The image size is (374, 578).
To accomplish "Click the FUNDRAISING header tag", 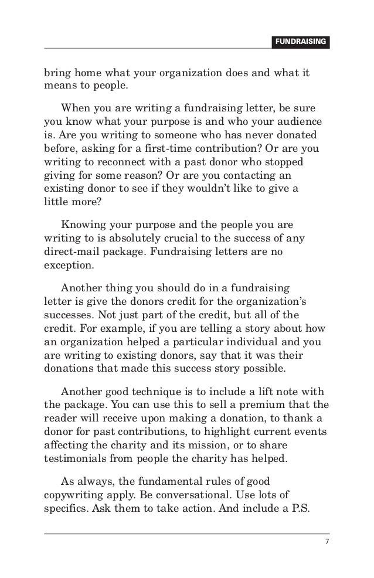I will coord(300,42).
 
